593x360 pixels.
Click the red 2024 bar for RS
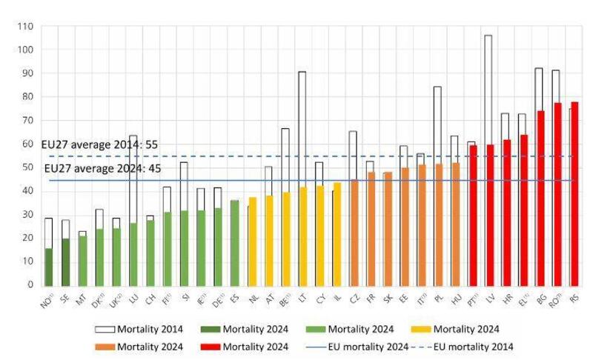click(x=574, y=193)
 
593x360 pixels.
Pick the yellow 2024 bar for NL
click(x=253, y=241)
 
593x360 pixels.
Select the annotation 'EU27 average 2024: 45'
click(x=103, y=169)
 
